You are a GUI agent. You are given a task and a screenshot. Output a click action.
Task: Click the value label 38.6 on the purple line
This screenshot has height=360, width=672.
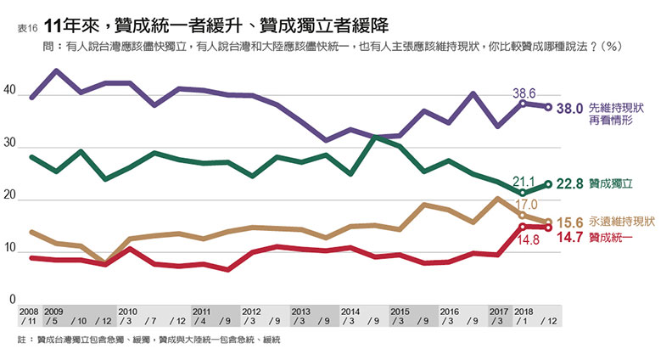526,93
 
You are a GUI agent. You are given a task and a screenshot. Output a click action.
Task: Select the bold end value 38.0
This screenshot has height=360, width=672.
568,108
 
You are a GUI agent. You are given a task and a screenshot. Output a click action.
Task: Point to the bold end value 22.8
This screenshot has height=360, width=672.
568,183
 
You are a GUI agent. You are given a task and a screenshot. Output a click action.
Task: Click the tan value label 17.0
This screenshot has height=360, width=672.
526,205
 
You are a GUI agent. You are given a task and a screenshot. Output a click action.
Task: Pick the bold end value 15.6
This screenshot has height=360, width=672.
568,222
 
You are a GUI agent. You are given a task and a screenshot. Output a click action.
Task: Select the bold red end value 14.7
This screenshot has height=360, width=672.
568,239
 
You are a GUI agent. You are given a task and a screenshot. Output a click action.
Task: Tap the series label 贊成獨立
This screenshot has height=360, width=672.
609,183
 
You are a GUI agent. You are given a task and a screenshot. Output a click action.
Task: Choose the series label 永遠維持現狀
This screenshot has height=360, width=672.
621,222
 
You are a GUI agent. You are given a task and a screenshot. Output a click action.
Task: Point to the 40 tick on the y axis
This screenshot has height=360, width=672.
10,90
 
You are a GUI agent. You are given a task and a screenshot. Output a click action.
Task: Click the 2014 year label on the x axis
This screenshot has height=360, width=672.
350,312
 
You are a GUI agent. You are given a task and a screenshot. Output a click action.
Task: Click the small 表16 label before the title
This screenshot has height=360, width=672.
26,28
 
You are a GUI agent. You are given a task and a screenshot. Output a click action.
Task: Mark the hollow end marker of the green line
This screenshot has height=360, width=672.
548,184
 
